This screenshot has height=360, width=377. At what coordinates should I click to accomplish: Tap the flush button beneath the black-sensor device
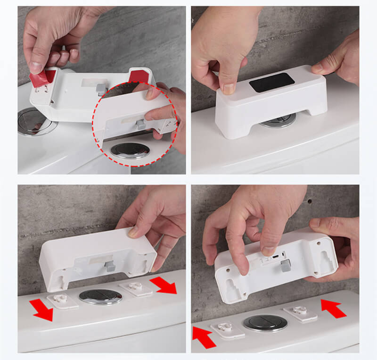279,122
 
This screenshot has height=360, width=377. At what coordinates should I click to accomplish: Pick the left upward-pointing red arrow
204,338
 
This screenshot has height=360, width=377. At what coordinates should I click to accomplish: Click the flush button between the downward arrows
100,296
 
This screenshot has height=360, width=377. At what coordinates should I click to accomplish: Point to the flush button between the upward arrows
265,323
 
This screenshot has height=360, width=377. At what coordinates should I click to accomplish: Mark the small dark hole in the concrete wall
310,202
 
